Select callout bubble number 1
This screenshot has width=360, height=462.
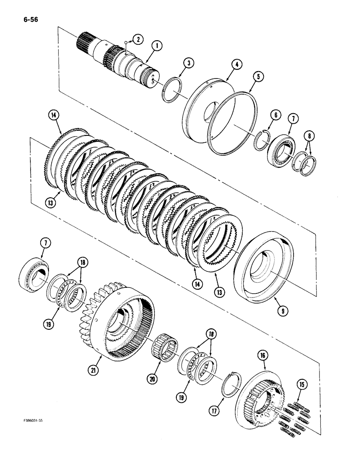point(157,45)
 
